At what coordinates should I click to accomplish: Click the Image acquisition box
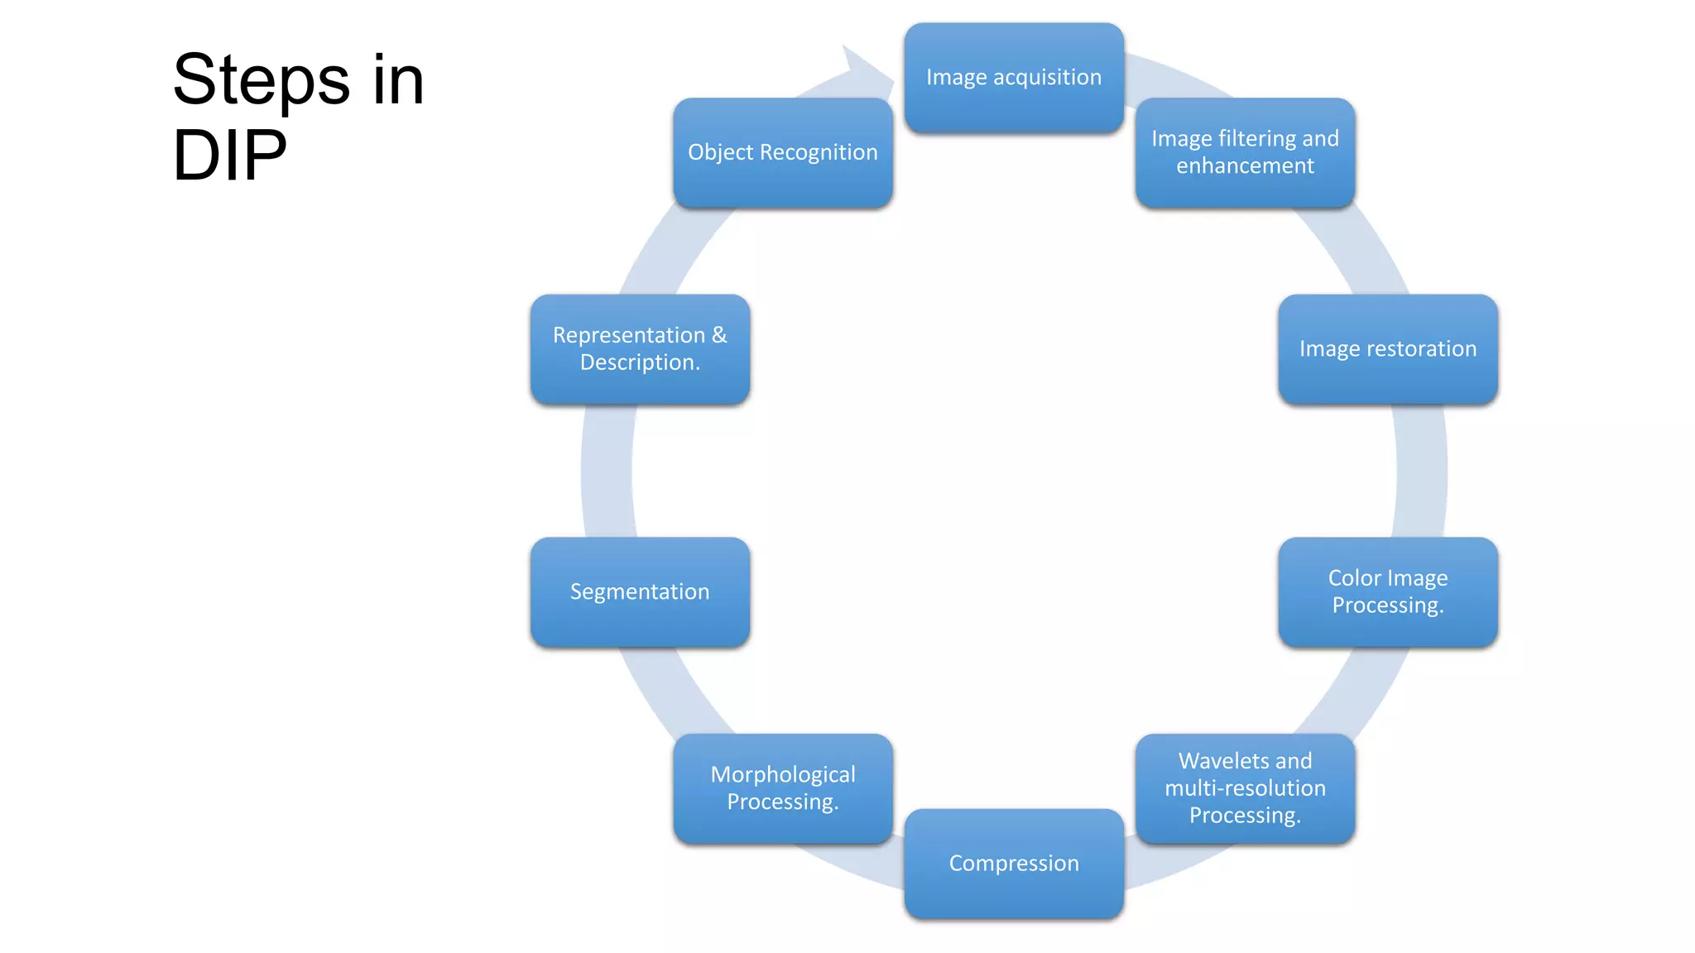1013,78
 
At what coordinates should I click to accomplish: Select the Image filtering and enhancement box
1245,152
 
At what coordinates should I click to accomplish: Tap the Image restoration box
1387,349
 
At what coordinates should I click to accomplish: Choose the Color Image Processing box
1387,591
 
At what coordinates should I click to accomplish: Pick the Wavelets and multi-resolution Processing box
1245,788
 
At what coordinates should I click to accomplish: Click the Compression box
1013,863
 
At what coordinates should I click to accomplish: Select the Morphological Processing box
782,788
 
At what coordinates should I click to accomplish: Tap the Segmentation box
640,591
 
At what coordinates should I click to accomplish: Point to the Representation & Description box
640,349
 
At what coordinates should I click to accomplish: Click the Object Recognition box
782,152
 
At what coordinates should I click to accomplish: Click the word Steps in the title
262,80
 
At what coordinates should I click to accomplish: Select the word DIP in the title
229,155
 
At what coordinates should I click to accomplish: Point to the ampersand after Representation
718,334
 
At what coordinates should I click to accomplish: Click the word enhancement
1245,165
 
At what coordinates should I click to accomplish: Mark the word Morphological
782,774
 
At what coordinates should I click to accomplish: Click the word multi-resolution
1245,788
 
